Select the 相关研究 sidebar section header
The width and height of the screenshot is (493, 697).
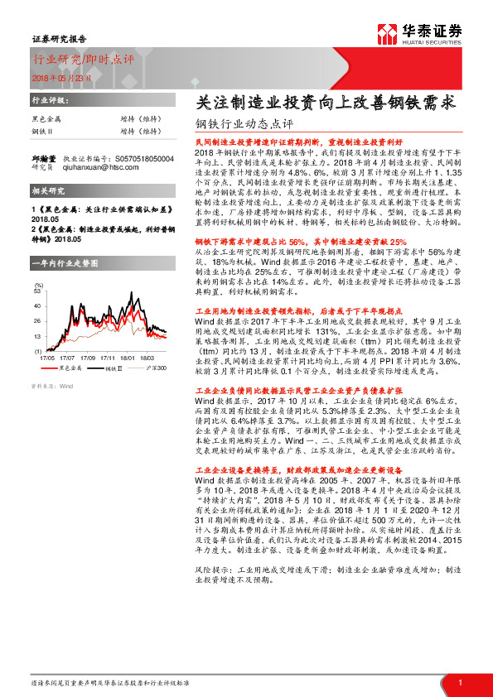(46, 192)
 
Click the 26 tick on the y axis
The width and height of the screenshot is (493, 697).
(37, 322)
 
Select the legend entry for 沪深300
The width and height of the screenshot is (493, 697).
(156, 368)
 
